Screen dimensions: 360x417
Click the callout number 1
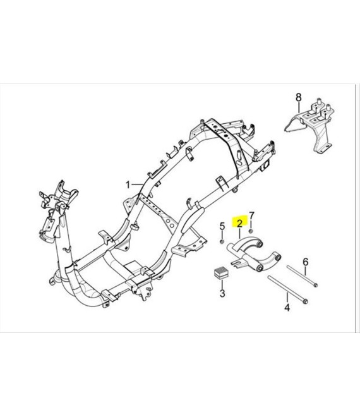(x=128, y=184)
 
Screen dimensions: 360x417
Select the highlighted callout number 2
(x=239, y=224)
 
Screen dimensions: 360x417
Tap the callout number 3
(x=222, y=293)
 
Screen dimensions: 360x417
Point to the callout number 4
(x=287, y=308)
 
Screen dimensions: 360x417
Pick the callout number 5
(x=222, y=227)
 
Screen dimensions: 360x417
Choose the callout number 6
(x=306, y=262)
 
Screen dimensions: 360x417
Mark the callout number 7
(x=251, y=215)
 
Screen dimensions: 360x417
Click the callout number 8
(x=299, y=97)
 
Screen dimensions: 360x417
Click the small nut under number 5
(x=222, y=241)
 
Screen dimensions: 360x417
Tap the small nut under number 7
(x=251, y=231)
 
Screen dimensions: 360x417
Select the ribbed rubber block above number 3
(x=220, y=273)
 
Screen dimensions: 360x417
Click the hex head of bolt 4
(x=306, y=301)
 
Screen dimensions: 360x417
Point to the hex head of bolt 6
(x=315, y=286)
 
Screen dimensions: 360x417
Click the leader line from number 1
(x=138, y=184)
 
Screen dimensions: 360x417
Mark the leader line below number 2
(x=239, y=233)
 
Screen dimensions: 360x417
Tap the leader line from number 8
(x=299, y=107)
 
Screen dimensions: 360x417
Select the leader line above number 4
(x=287, y=298)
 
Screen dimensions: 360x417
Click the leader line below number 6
(x=305, y=271)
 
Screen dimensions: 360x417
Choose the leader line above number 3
(x=222, y=284)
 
